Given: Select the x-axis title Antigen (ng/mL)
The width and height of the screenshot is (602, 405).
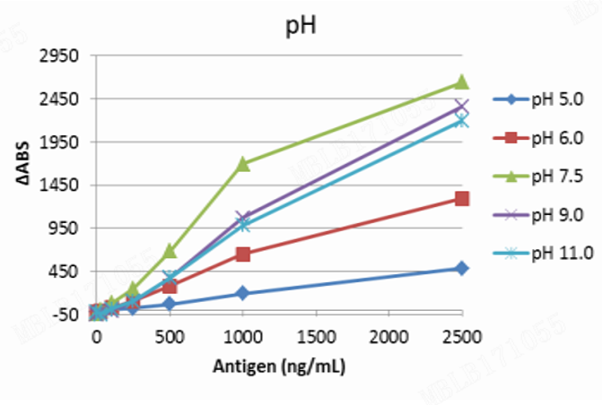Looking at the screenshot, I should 279,367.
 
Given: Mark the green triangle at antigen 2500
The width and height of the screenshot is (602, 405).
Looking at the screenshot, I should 461,82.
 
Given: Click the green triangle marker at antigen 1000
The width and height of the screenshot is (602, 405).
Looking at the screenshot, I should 242,164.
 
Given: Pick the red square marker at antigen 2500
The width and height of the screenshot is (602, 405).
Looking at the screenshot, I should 461,198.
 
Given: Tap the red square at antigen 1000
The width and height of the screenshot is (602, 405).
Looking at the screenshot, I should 242,254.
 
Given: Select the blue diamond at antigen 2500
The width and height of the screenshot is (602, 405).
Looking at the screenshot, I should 461,268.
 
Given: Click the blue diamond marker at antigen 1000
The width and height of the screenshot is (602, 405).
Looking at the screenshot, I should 242,293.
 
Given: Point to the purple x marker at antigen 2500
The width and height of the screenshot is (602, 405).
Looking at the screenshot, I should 461,108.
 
